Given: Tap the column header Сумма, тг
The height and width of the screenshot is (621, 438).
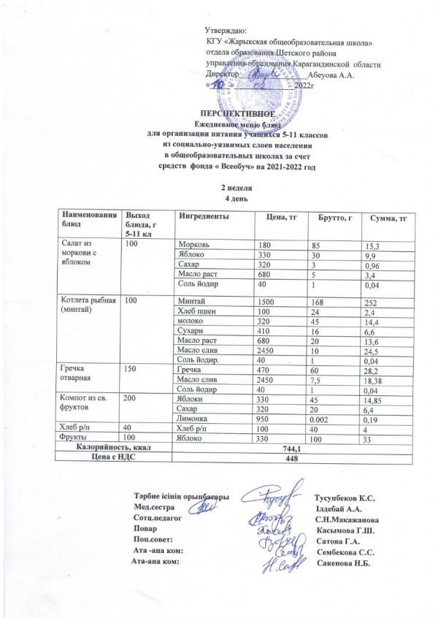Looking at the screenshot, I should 388,218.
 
